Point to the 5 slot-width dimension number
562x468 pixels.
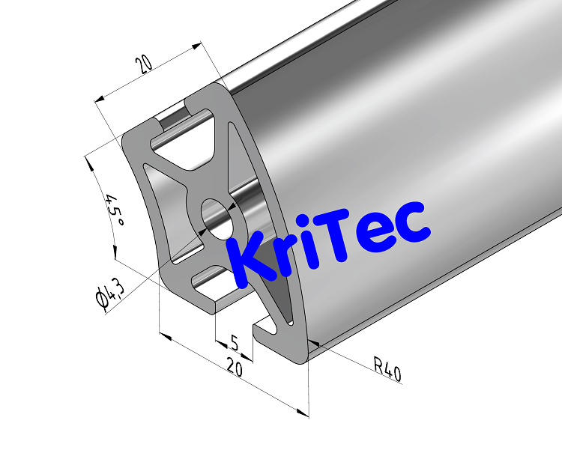pos(234,343)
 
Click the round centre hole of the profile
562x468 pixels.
pos(217,217)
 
